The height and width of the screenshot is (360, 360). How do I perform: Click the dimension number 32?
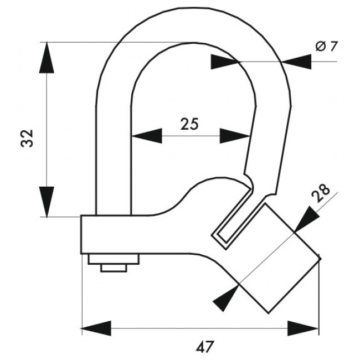click(27, 138)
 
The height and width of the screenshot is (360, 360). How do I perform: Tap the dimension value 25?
click(189, 124)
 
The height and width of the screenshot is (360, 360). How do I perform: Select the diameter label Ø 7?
click(326, 46)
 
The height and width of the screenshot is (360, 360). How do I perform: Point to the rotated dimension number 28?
click(321, 193)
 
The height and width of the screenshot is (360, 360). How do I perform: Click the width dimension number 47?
click(205, 347)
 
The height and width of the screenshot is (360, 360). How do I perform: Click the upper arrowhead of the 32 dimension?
click(47, 58)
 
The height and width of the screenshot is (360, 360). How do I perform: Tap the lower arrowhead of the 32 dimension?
click(47, 202)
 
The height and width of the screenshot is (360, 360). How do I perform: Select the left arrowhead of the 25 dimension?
click(147, 136)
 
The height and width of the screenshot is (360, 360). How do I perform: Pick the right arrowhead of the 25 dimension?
click(235, 136)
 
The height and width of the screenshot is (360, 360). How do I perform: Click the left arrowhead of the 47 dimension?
click(97, 328)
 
